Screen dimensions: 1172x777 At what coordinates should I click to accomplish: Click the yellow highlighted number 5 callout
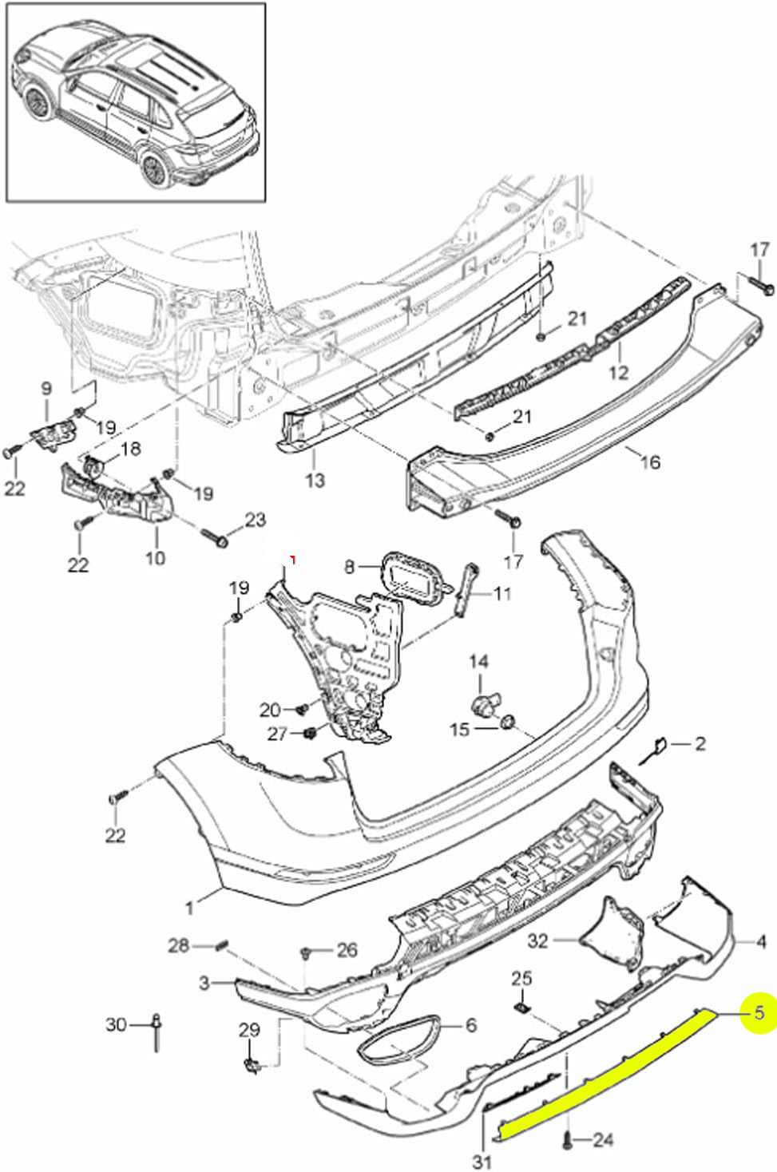[759, 1012]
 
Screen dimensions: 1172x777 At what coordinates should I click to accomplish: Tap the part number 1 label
[189, 907]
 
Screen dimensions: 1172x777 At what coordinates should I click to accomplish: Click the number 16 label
[650, 461]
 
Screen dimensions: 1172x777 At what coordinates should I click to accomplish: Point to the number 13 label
[315, 480]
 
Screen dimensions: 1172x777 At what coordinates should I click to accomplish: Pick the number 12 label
[619, 372]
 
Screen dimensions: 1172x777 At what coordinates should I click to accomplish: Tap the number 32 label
[538, 940]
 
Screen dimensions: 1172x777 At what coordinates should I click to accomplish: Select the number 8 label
[349, 567]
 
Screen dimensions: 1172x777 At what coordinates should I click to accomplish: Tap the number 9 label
[46, 389]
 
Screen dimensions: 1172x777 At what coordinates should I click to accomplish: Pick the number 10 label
[155, 557]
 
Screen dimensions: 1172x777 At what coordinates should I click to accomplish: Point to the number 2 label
[700, 744]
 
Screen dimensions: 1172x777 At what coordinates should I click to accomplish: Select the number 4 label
[761, 942]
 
